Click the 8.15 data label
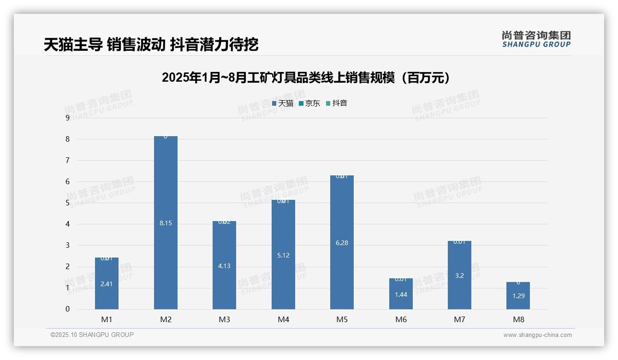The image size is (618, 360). pyautogui.click(x=166, y=223)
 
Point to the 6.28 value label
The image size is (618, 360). pyautogui.click(x=342, y=243)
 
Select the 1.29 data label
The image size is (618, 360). pyautogui.click(x=518, y=296)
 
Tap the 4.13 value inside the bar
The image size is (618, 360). pyautogui.click(x=224, y=266)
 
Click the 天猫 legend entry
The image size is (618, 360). pyautogui.click(x=283, y=103)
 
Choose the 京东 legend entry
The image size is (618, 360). pyautogui.click(x=309, y=103)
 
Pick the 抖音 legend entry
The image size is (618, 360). pyautogui.click(x=337, y=103)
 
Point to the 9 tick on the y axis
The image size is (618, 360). pyautogui.click(x=68, y=118)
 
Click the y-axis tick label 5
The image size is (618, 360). pyautogui.click(x=68, y=203)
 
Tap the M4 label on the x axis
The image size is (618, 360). pyautogui.click(x=283, y=319)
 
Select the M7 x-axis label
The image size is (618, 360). pyautogui.click(x=459, y=319)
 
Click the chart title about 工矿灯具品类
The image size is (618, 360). pyautogui.click(x=306, y=78)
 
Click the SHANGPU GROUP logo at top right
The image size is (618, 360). pyautogui.click(x=536, y=39)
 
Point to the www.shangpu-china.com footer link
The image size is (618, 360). pyautogui.click(x=537, y=335)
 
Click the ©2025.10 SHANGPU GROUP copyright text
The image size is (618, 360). pyautogui.click(x=92, y=335)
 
